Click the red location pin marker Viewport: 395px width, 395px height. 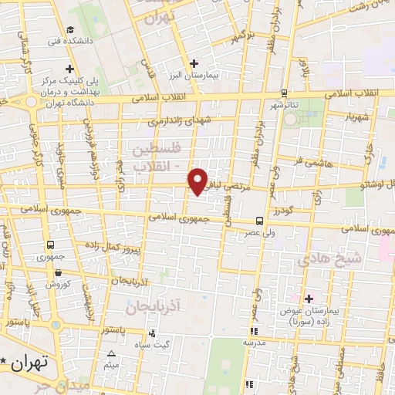tap(198, 181)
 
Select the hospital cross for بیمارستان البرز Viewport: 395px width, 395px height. tap(194, 62)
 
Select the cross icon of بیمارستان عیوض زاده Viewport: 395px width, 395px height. tap(309, 299)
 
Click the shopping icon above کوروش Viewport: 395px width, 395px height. tap(58, 271)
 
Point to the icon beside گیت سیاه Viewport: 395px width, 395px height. tap(152, 334)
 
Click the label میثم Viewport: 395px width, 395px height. tap(112, 363)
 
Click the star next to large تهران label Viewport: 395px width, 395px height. tap(6, 361)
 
